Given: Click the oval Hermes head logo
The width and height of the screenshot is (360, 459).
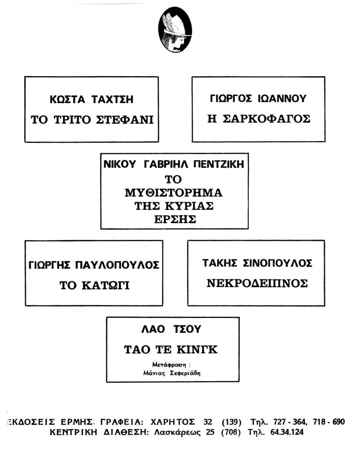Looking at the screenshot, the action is (175, 30).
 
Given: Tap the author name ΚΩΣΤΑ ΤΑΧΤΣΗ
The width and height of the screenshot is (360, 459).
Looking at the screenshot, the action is (91, 100).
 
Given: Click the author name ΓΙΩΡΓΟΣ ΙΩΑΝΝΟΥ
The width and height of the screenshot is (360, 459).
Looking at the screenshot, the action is (258, 99).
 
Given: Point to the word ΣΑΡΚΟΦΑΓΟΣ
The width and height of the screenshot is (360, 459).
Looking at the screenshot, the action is (266, 119).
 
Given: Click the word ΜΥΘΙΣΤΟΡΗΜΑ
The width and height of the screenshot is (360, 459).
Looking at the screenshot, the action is (173, 193).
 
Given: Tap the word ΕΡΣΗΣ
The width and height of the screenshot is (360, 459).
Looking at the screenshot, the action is (175, 219).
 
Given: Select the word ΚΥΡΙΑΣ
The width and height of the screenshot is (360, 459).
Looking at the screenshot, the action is (189, 206).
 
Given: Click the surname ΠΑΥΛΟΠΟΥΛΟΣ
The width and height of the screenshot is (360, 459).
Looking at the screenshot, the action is (117, 265).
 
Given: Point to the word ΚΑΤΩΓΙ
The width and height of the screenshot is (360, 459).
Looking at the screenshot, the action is (105, 285).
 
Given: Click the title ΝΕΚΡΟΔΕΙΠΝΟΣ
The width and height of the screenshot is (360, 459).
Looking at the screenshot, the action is (257, 283).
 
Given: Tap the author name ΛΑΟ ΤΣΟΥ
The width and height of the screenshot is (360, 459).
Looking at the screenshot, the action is (171, 329).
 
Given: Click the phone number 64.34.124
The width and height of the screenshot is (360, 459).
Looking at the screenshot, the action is (287, 432).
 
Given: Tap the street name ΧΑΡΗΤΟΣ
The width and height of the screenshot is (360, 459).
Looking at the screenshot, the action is (173, 422).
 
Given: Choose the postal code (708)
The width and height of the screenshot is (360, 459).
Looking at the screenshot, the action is (231, 433).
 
